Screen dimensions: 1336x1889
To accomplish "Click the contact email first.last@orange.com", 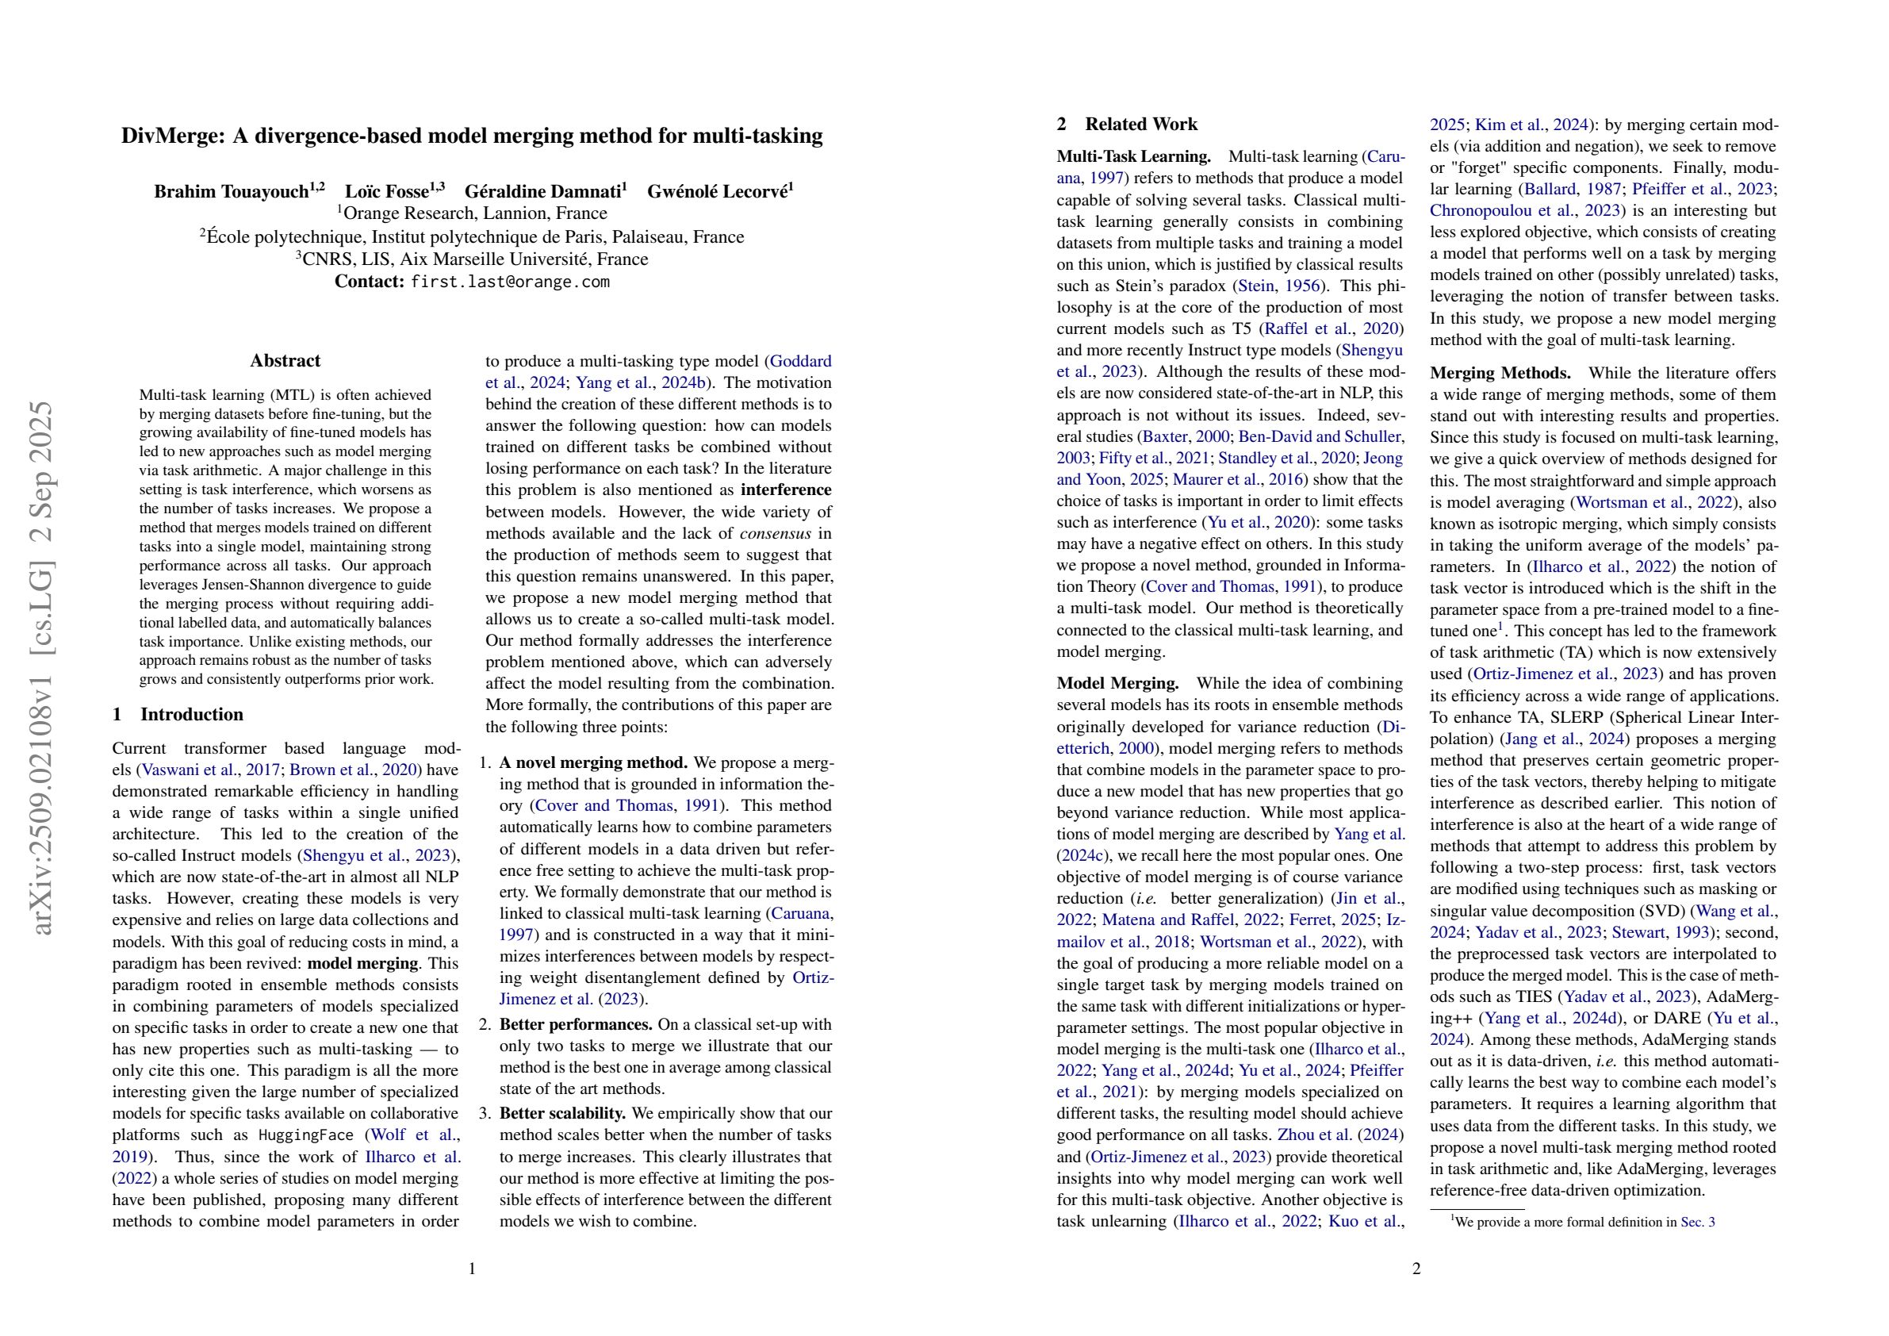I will (x=510, y=282).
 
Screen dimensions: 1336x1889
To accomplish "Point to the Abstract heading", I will (x=285, y=360).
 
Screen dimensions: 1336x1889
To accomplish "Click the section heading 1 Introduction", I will (x=178, y=715).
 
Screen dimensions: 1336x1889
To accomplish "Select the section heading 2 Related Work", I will (x=1127, y=125).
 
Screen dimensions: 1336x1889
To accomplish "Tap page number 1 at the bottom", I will (x=473, y=1269).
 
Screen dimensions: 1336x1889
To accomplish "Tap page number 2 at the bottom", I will (x=1416, y=1269).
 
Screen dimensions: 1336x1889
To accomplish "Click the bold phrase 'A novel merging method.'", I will (x=593, y=763).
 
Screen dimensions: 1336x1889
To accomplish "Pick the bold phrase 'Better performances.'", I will (x=576, y=1025).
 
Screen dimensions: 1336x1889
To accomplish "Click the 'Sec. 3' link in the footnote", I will (x=1697, y=1223).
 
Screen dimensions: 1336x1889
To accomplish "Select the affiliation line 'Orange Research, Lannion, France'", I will (x=474, y=214).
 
